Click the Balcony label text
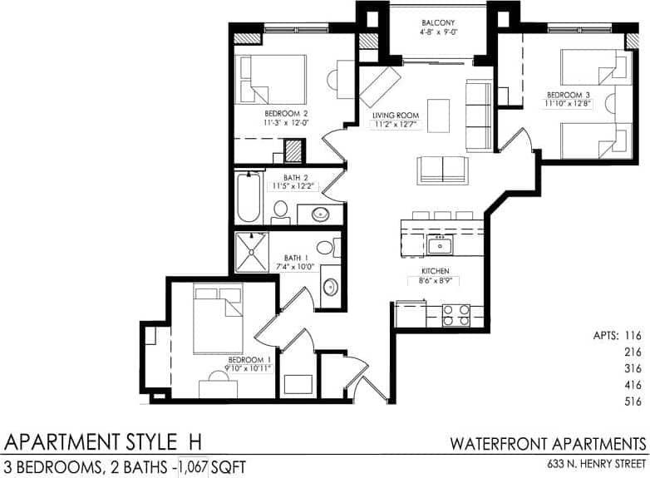[x=438, y=23]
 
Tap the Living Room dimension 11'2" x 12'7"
[x=395, y=126]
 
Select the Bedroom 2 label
[x=287, y=113]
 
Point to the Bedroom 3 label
[x=569, y=94]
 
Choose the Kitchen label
[x=435, y=272]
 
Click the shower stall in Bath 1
[x=252, y=252]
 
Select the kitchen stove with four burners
[x=455, y=315]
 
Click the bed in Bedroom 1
[x=217, y=318]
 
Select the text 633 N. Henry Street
[x=596, y=464]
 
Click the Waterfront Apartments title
[x=549, y=442]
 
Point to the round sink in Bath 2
[x=320, y=214]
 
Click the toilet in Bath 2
[x=281, y=211]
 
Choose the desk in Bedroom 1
[x=218, y=387]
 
